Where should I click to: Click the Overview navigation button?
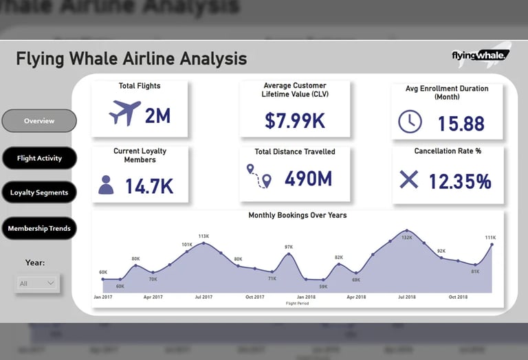[x=39, y=121]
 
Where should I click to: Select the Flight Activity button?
[x=39, y=158]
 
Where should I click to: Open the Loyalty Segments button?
[x=39, y=192]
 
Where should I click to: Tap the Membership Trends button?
[x=39, y=228]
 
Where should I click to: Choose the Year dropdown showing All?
[x=38, y=283]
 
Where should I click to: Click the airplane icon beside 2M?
[x=124, y=113]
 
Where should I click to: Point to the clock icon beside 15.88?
[x=410, y=122]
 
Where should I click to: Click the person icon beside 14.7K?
[x=106, y=185]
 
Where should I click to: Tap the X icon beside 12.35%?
[x=408, y=180]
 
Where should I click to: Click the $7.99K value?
[x=295, y=120]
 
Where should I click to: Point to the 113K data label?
[x=203, y=236]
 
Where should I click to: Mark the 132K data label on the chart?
[x=407, y=238]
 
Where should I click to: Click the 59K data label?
[x=323, y=286]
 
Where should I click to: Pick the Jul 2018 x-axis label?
[x=407, y=297]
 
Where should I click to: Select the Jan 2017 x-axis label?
[x=103, y=297]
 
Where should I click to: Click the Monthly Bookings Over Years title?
[x=298, y=215]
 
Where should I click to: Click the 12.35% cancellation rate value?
[x=460, y=181]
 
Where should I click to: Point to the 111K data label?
[x=490, y=238]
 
